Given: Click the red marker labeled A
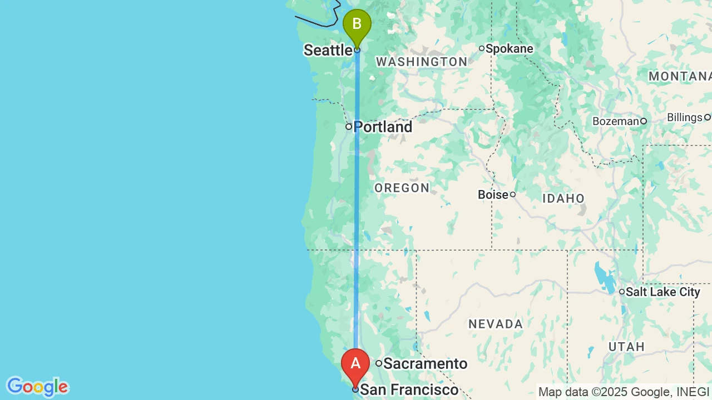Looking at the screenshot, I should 355,365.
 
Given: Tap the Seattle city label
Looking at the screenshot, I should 328,51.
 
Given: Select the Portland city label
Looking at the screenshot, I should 383,127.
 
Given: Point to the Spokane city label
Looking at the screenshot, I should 509,49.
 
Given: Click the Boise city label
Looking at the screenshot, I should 493,195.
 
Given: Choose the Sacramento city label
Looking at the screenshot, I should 425,364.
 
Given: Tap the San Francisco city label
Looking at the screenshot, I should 409,390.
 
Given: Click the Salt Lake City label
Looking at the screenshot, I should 662,292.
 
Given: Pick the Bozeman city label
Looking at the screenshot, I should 615,121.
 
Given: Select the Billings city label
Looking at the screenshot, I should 684,118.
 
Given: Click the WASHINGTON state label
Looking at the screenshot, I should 422,62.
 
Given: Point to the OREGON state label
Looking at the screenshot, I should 402,188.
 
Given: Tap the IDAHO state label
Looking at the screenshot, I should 563,199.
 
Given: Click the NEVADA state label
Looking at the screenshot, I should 496,324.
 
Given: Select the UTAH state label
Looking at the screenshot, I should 626,347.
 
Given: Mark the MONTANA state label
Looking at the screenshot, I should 680,77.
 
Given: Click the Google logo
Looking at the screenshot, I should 37,387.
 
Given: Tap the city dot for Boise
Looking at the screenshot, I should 513,194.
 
